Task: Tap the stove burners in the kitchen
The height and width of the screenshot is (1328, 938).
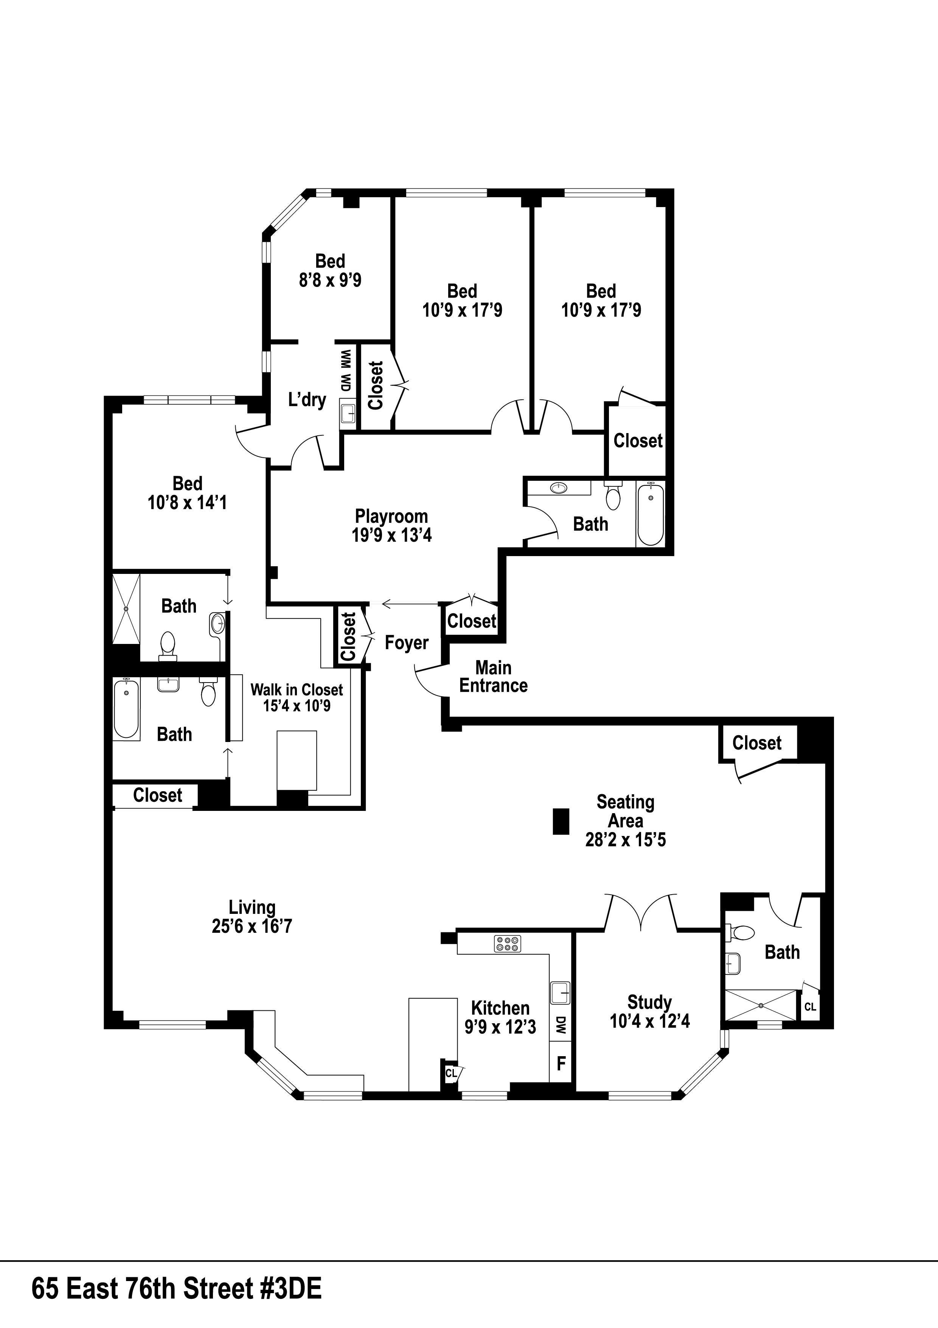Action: (x=507, y=944)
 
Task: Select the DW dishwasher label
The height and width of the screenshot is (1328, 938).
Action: (x=561, y=1026)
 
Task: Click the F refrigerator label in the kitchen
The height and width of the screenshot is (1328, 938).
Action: (x=561, y=1063)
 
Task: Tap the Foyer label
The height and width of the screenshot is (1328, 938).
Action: (x=406, y=642)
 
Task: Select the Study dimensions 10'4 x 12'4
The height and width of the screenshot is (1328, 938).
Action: (x=650, y=1021)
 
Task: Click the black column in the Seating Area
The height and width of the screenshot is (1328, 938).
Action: (x=561, y=821)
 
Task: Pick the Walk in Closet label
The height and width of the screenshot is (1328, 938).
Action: (x=297, y=689)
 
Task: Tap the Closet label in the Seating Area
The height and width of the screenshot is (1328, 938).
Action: (x=756, y=743)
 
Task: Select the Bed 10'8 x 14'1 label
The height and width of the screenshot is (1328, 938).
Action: (x=187, y=493)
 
